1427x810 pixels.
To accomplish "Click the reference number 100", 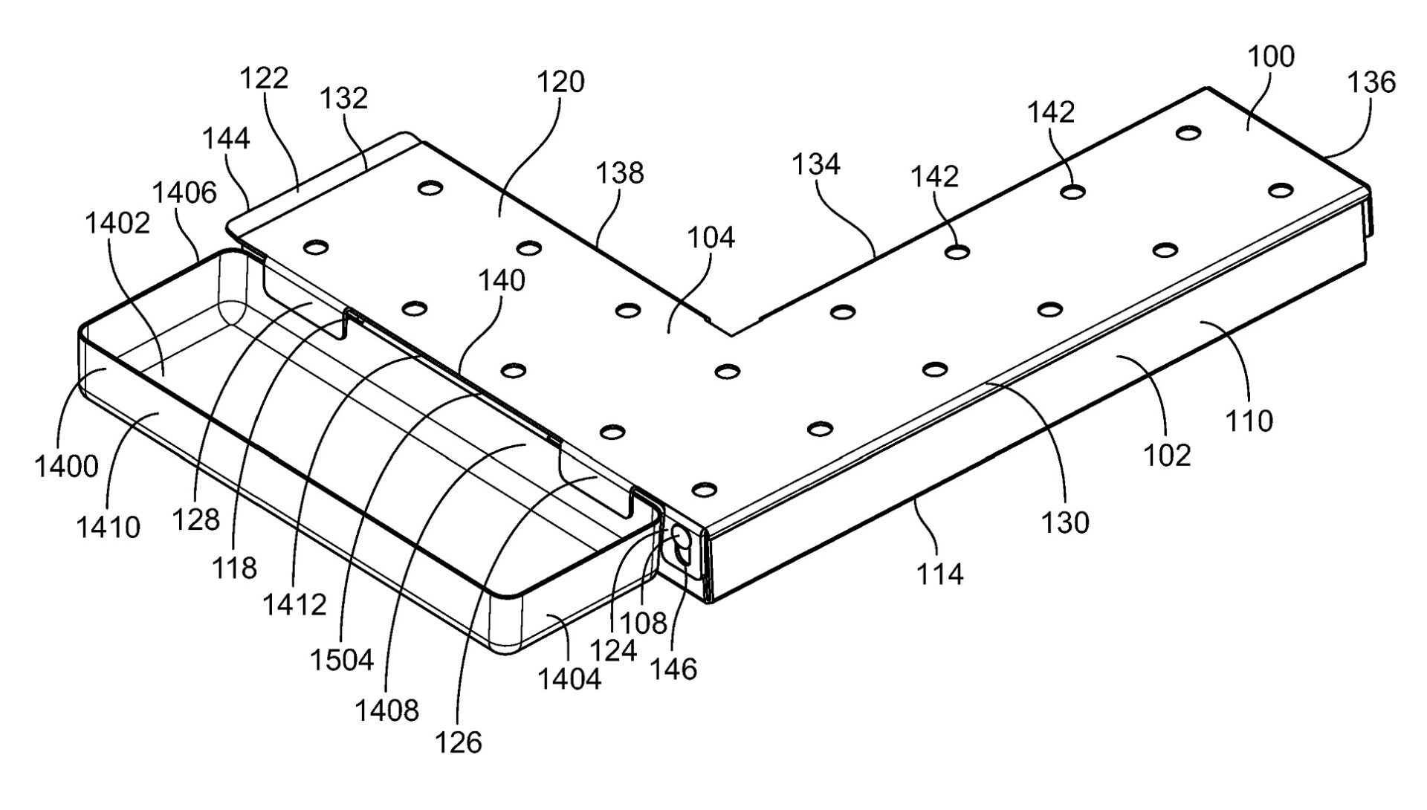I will click(1271, 57).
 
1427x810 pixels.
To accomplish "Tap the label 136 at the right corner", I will click(1371, 82).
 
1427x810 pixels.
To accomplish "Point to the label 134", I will click(816, 163).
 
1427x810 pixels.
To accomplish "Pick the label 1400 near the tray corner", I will click(66, 467).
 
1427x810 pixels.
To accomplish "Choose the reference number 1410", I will click(108, 527).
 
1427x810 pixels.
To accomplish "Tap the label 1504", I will click(343, 659).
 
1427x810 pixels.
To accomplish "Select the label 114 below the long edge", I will click(939, 573).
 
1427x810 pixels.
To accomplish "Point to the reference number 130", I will click(1066, 522).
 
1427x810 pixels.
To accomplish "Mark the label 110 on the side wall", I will click(1249, 421).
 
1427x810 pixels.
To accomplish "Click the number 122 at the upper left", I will click(264, 77).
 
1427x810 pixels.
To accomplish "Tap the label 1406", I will click(184, 192).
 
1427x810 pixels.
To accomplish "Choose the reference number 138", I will click(620, 172).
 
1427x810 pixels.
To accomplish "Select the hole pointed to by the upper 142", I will click(1071, 192).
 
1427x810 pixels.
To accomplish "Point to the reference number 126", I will click(459, 742).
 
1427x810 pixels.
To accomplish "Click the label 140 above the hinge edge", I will click(501, 280).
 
